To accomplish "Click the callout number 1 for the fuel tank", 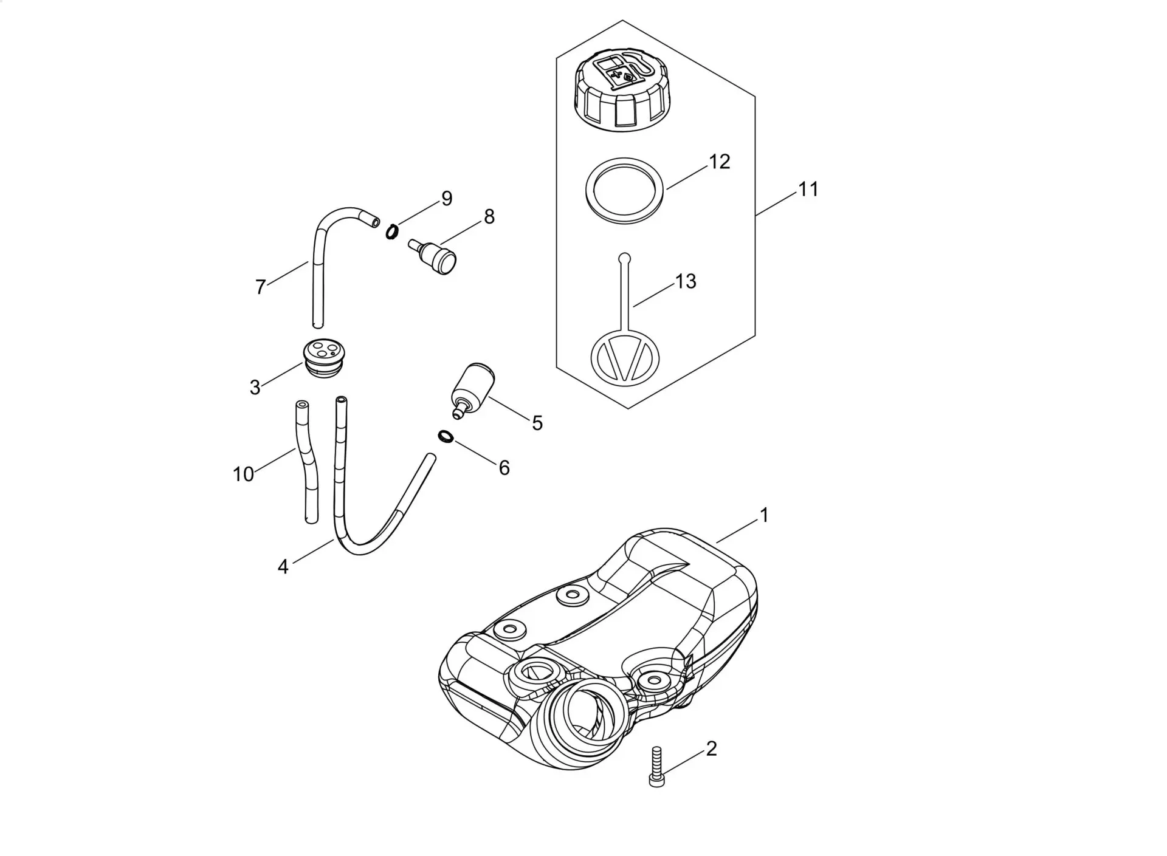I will click(764, 515).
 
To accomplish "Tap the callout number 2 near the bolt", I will click(711, 748).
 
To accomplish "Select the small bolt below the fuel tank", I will click(656, 767).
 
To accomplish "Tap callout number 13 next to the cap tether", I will click(686, 281).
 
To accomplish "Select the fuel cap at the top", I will click(623, 91).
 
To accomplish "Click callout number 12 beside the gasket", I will click(719, 162).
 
